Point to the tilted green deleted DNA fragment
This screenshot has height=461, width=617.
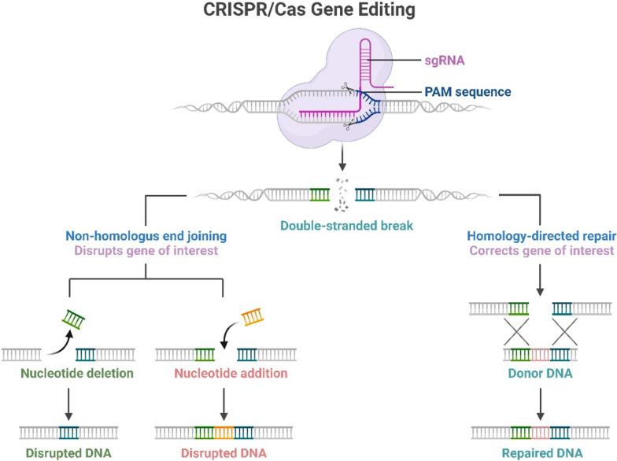point(73,319)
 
